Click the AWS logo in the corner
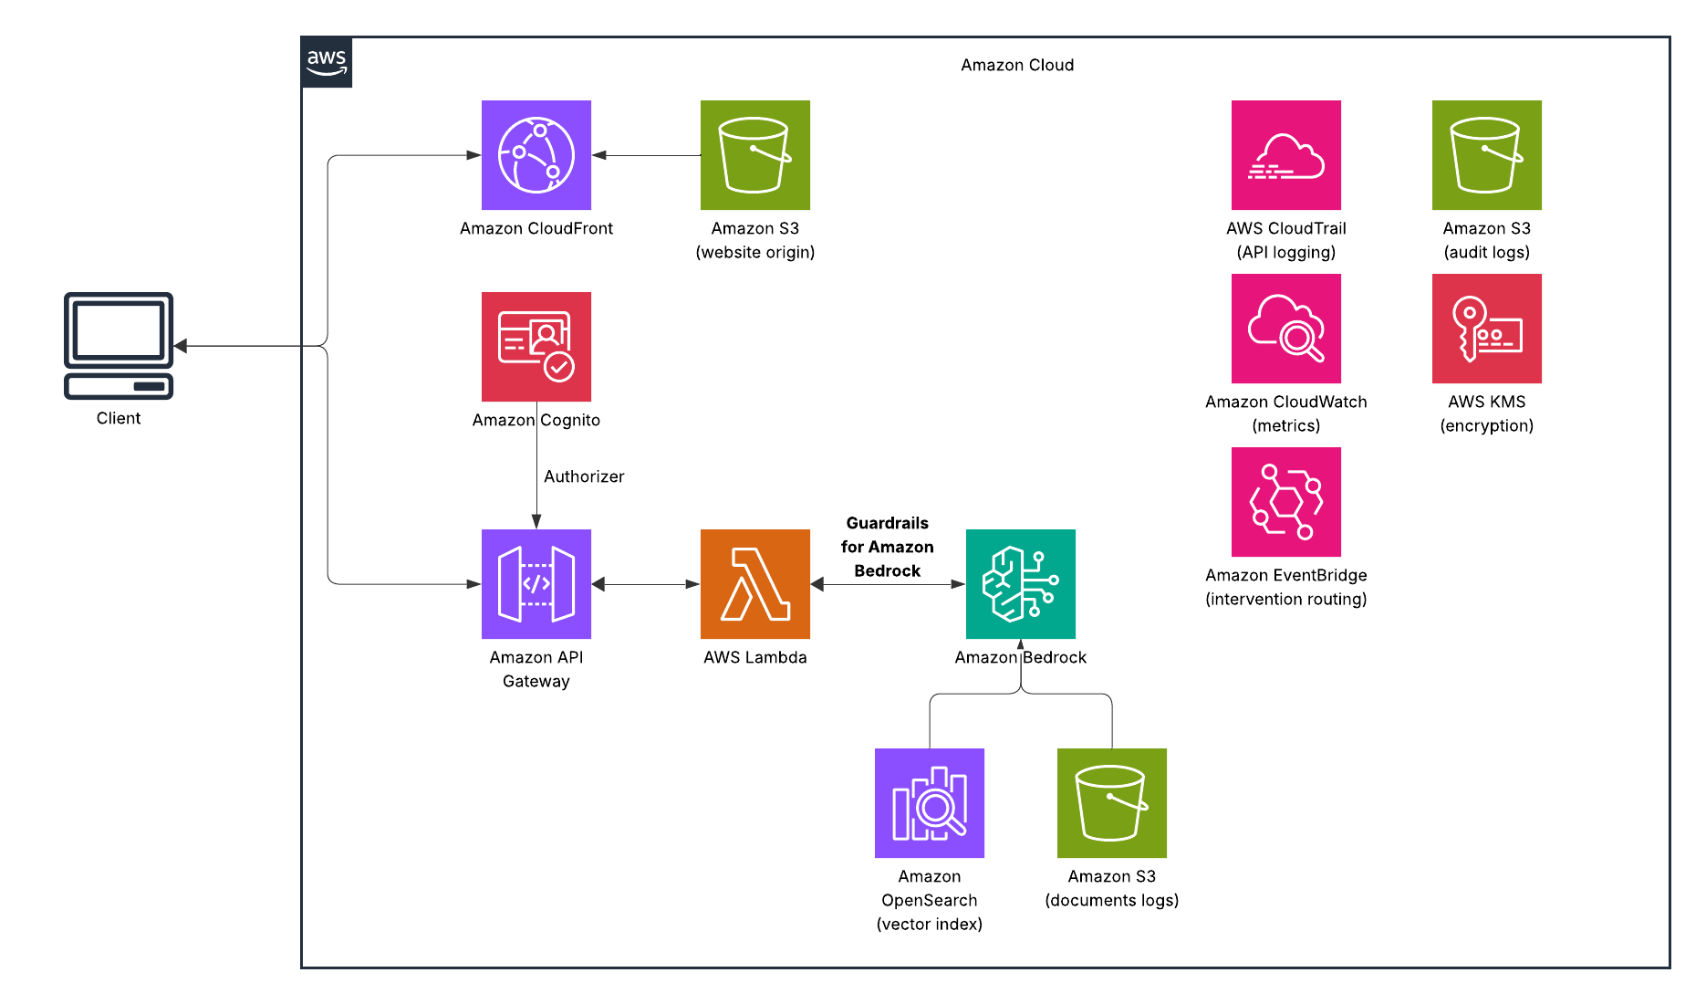coord(327,62)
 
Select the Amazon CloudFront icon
coord(536,155)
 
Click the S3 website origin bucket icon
coord(755,155)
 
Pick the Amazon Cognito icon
coord(536,347)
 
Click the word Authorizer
coord(584,476)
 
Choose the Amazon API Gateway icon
coord(536,584)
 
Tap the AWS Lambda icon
coord(755,584)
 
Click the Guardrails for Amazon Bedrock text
coord(887,547)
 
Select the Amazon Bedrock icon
coord(1020,584)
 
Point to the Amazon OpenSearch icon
coord(929,803)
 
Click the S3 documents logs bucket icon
coord(1111,803)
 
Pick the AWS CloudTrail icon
coord(1285,155)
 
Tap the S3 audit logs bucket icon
coord(1486,155)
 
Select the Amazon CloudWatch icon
coord(1285,329)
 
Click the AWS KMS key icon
coord(1486,329)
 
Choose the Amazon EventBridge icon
coord(1285,502)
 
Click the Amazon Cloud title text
coord(1016,65)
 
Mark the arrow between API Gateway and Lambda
coord(646,584)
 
